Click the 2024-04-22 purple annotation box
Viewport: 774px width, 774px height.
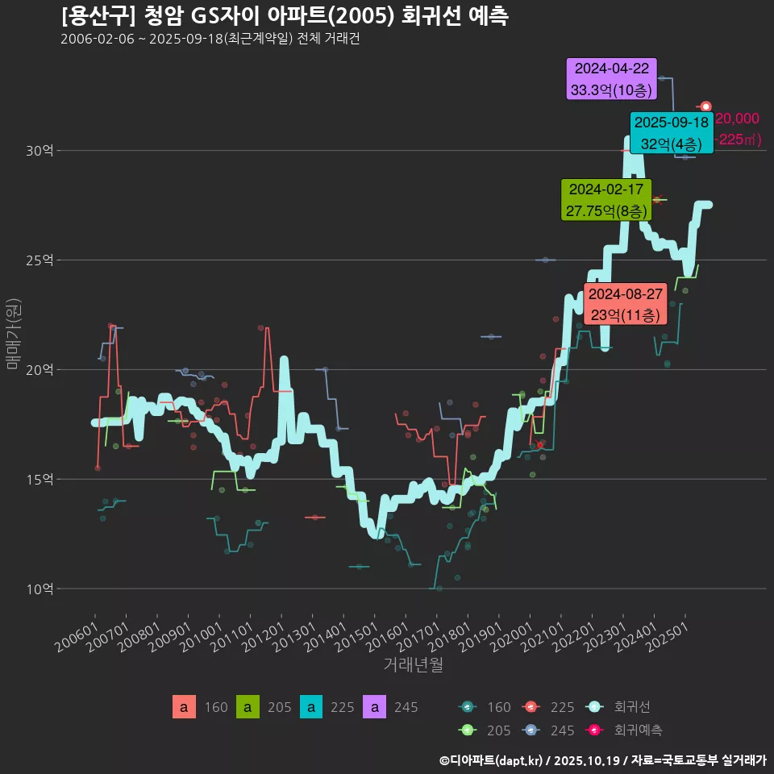pyautogui.click(x=612, y=79)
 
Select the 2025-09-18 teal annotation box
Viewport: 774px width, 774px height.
pyautogui.click(x=672, y=134)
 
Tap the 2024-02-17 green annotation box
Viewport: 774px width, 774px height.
pyautogui.click(x=605, y=200)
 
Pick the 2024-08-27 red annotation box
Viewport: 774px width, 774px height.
pyautogui.click(x=625, y=304)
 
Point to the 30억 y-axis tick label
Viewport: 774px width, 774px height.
pyautogui.click(x=40, y=151)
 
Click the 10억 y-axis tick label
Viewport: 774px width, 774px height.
pyautogui.click(x=40, y=589)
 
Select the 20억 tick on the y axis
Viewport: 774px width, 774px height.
pyautogui.click(x=40, y=370)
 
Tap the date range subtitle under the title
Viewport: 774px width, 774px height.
pyautogui.click(x=210, y=40)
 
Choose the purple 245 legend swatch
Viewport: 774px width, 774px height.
pyautogui.click(x=374, y=708)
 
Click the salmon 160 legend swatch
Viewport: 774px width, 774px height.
pyautogui.click(x=184, y=708)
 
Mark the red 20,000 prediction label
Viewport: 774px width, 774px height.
pyautogui.click(x=737, y=119)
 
